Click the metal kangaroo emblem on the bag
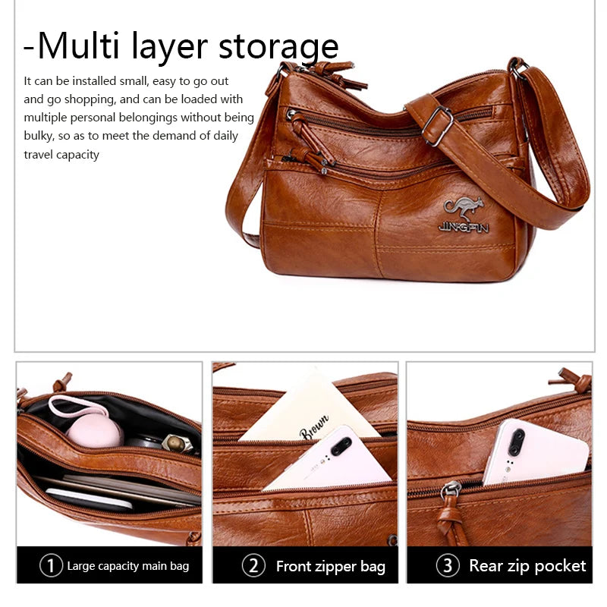click(x=464, y=209)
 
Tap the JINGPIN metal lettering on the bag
click(x=464, y=228)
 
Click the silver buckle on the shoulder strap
click(x=438, y=126)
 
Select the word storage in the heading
click(x=278, y=47)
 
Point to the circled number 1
click(x=51, y=565)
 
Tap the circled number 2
click(x=253, y=565)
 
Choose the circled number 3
click(x=448, y=565)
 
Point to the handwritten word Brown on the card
click(x=314, y=427)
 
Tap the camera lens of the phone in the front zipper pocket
click(x=341, y=446)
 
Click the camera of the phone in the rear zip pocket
click(x=516, y=442)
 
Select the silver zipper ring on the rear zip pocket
click(x=451, y=489)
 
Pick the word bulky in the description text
click(x=39, y=136)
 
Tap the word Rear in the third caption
click(x=486, y=565)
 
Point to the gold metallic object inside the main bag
click(x=177, y=443)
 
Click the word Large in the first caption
click(x=81, y=566)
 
